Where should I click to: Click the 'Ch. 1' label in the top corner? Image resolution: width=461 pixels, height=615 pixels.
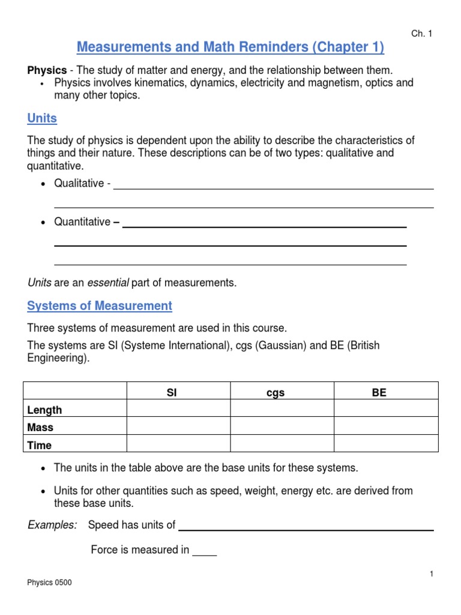[x=421, y=34]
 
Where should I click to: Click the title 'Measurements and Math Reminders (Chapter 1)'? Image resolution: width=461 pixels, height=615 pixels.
[x=230, y=47]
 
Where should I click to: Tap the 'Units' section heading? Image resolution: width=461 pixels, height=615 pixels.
[x=42, y=118]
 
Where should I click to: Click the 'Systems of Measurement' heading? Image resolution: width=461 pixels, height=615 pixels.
[x=100, y=306]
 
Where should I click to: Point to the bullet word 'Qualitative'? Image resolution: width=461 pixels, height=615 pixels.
[x=79, y=184]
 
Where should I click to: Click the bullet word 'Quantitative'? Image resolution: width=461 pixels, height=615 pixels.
[x=82, y=222]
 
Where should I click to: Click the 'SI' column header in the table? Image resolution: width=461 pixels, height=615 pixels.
[x=172, y=393]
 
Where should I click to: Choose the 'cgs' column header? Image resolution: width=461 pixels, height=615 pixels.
[x=275, y=393]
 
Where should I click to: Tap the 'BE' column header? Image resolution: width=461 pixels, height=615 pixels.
[x=379, y=393]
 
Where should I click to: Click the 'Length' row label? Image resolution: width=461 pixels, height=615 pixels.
[x=44, y=410]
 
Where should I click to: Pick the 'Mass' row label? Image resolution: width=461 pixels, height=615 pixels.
[x=40, y=428]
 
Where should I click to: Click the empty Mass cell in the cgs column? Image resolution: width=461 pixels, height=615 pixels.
[x=282, y=426]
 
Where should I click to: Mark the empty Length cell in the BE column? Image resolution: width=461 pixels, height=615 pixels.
[x=386, y=409]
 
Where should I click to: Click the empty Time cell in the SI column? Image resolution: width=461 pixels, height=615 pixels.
[x=178, y=444]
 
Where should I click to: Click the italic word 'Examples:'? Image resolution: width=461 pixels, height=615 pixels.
[x=52, y=525]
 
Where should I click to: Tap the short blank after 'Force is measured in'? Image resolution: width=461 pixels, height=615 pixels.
[x=204, y=550]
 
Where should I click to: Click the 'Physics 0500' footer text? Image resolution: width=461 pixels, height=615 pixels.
[x=49, y=583]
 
